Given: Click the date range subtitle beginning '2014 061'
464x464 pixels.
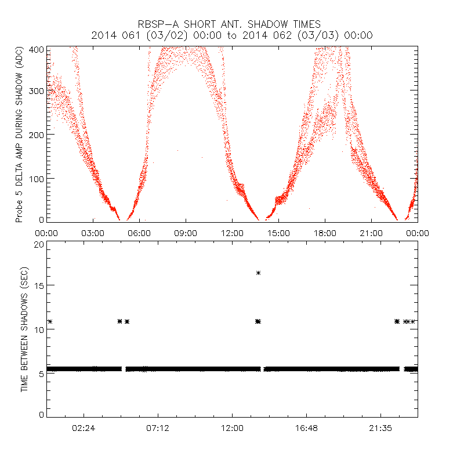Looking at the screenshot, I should [x=232, y=35].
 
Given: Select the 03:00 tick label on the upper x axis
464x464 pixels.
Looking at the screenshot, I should [x=93, y=233].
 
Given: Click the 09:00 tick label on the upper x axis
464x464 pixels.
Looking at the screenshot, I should [x=186, y=233].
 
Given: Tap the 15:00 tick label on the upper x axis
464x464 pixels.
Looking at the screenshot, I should [x=278, y=233].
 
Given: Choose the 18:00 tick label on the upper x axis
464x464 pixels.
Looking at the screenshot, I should [x=325, y=233].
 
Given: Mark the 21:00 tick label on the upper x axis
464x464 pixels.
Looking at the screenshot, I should [x=371, y=233].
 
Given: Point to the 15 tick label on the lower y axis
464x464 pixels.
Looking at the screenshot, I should [x=38, y=286].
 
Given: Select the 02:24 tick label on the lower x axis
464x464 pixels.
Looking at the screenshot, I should [x=84, y=428].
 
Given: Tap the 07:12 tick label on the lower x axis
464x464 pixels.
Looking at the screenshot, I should [x=158, y=428].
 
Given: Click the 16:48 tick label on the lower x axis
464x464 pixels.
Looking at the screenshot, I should [x=306, y=428].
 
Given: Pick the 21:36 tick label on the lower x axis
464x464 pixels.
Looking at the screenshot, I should [x=380, y=428].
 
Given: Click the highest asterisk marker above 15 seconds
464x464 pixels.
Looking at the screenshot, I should [x=258, y=273].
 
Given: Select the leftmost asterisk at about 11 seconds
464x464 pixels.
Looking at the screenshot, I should [x=50, y=321].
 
